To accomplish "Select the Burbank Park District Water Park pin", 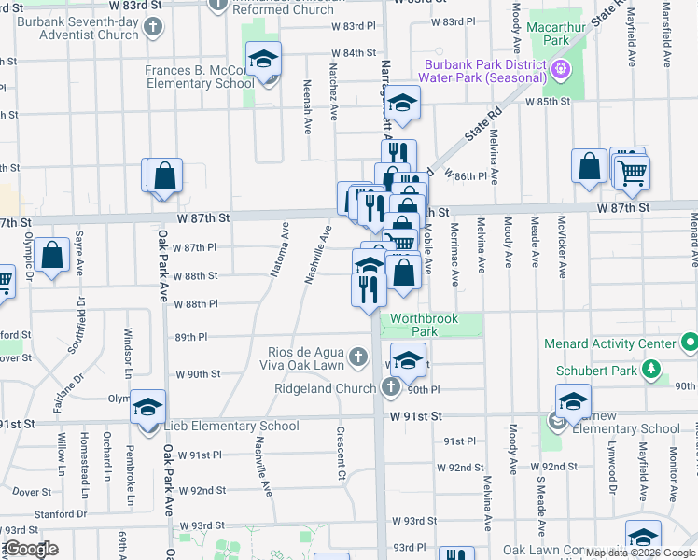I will (x=560, y=67).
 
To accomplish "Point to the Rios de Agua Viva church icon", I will (x=356, y=356).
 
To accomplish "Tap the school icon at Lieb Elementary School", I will (x=147, y=408).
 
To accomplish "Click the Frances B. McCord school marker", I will (x=264, y=60).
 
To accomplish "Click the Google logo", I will (x=30, y=549).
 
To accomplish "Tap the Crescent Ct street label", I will (x=342, y=455).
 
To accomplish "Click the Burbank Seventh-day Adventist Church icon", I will (x=153, y=27).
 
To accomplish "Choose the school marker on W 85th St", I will (x=403, y=104).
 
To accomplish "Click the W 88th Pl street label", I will (x=196, y=304).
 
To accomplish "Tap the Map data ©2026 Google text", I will (x=639, y=552).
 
